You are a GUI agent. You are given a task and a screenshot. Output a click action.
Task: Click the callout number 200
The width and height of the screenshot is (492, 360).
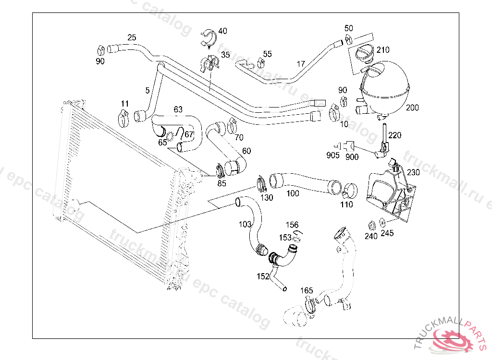click(x=412, y=108)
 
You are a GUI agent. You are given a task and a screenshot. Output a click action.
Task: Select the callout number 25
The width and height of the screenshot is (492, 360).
click(x=132, y=37)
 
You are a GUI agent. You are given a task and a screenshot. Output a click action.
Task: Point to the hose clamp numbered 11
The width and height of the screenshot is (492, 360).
click(x=124, y=117)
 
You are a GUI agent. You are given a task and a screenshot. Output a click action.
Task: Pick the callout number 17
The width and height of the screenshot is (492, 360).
click(x=301, y=64)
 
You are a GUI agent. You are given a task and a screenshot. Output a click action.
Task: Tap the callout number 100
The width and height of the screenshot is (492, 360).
click(x=293, y=193)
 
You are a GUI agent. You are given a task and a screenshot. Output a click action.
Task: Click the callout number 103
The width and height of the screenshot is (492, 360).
click(x=245, y=224)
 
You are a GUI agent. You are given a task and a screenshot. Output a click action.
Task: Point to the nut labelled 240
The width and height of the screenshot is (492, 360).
click(x=371, y=225)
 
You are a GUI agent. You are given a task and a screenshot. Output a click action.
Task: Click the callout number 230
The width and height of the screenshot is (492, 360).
click(x=413, y=172)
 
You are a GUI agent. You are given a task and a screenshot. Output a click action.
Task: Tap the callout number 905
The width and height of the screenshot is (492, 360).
click(x=333, y=155)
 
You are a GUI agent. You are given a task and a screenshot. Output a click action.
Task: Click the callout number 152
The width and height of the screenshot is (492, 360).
click(x=263, y=276)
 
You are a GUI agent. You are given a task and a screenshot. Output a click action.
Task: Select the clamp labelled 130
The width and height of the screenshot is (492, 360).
click(x=262, y=183)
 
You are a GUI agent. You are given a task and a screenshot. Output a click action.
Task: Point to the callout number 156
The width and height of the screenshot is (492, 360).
click(x=292, y=225)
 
